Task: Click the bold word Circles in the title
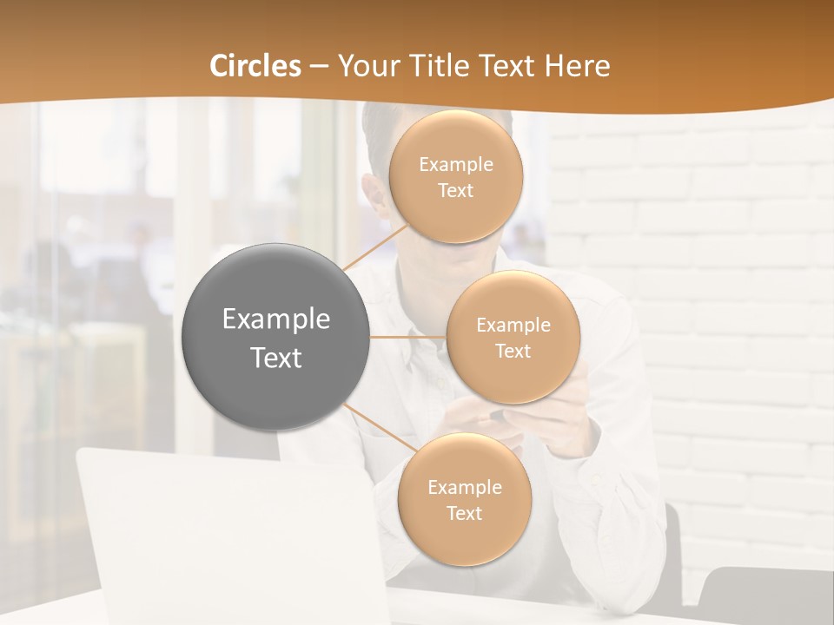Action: (x=255, y=66)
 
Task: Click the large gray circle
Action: (x=275, y=337)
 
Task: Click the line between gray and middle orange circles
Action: (x=408, y=337)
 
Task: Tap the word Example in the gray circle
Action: (x=275, y=319)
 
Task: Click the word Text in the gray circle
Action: (x=275, y=358)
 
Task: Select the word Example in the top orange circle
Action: (x=455, y=165)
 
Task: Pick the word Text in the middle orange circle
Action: (x=513, y=352)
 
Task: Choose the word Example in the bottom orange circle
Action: (x=464, y=488)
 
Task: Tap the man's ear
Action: (x=374, y=195)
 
